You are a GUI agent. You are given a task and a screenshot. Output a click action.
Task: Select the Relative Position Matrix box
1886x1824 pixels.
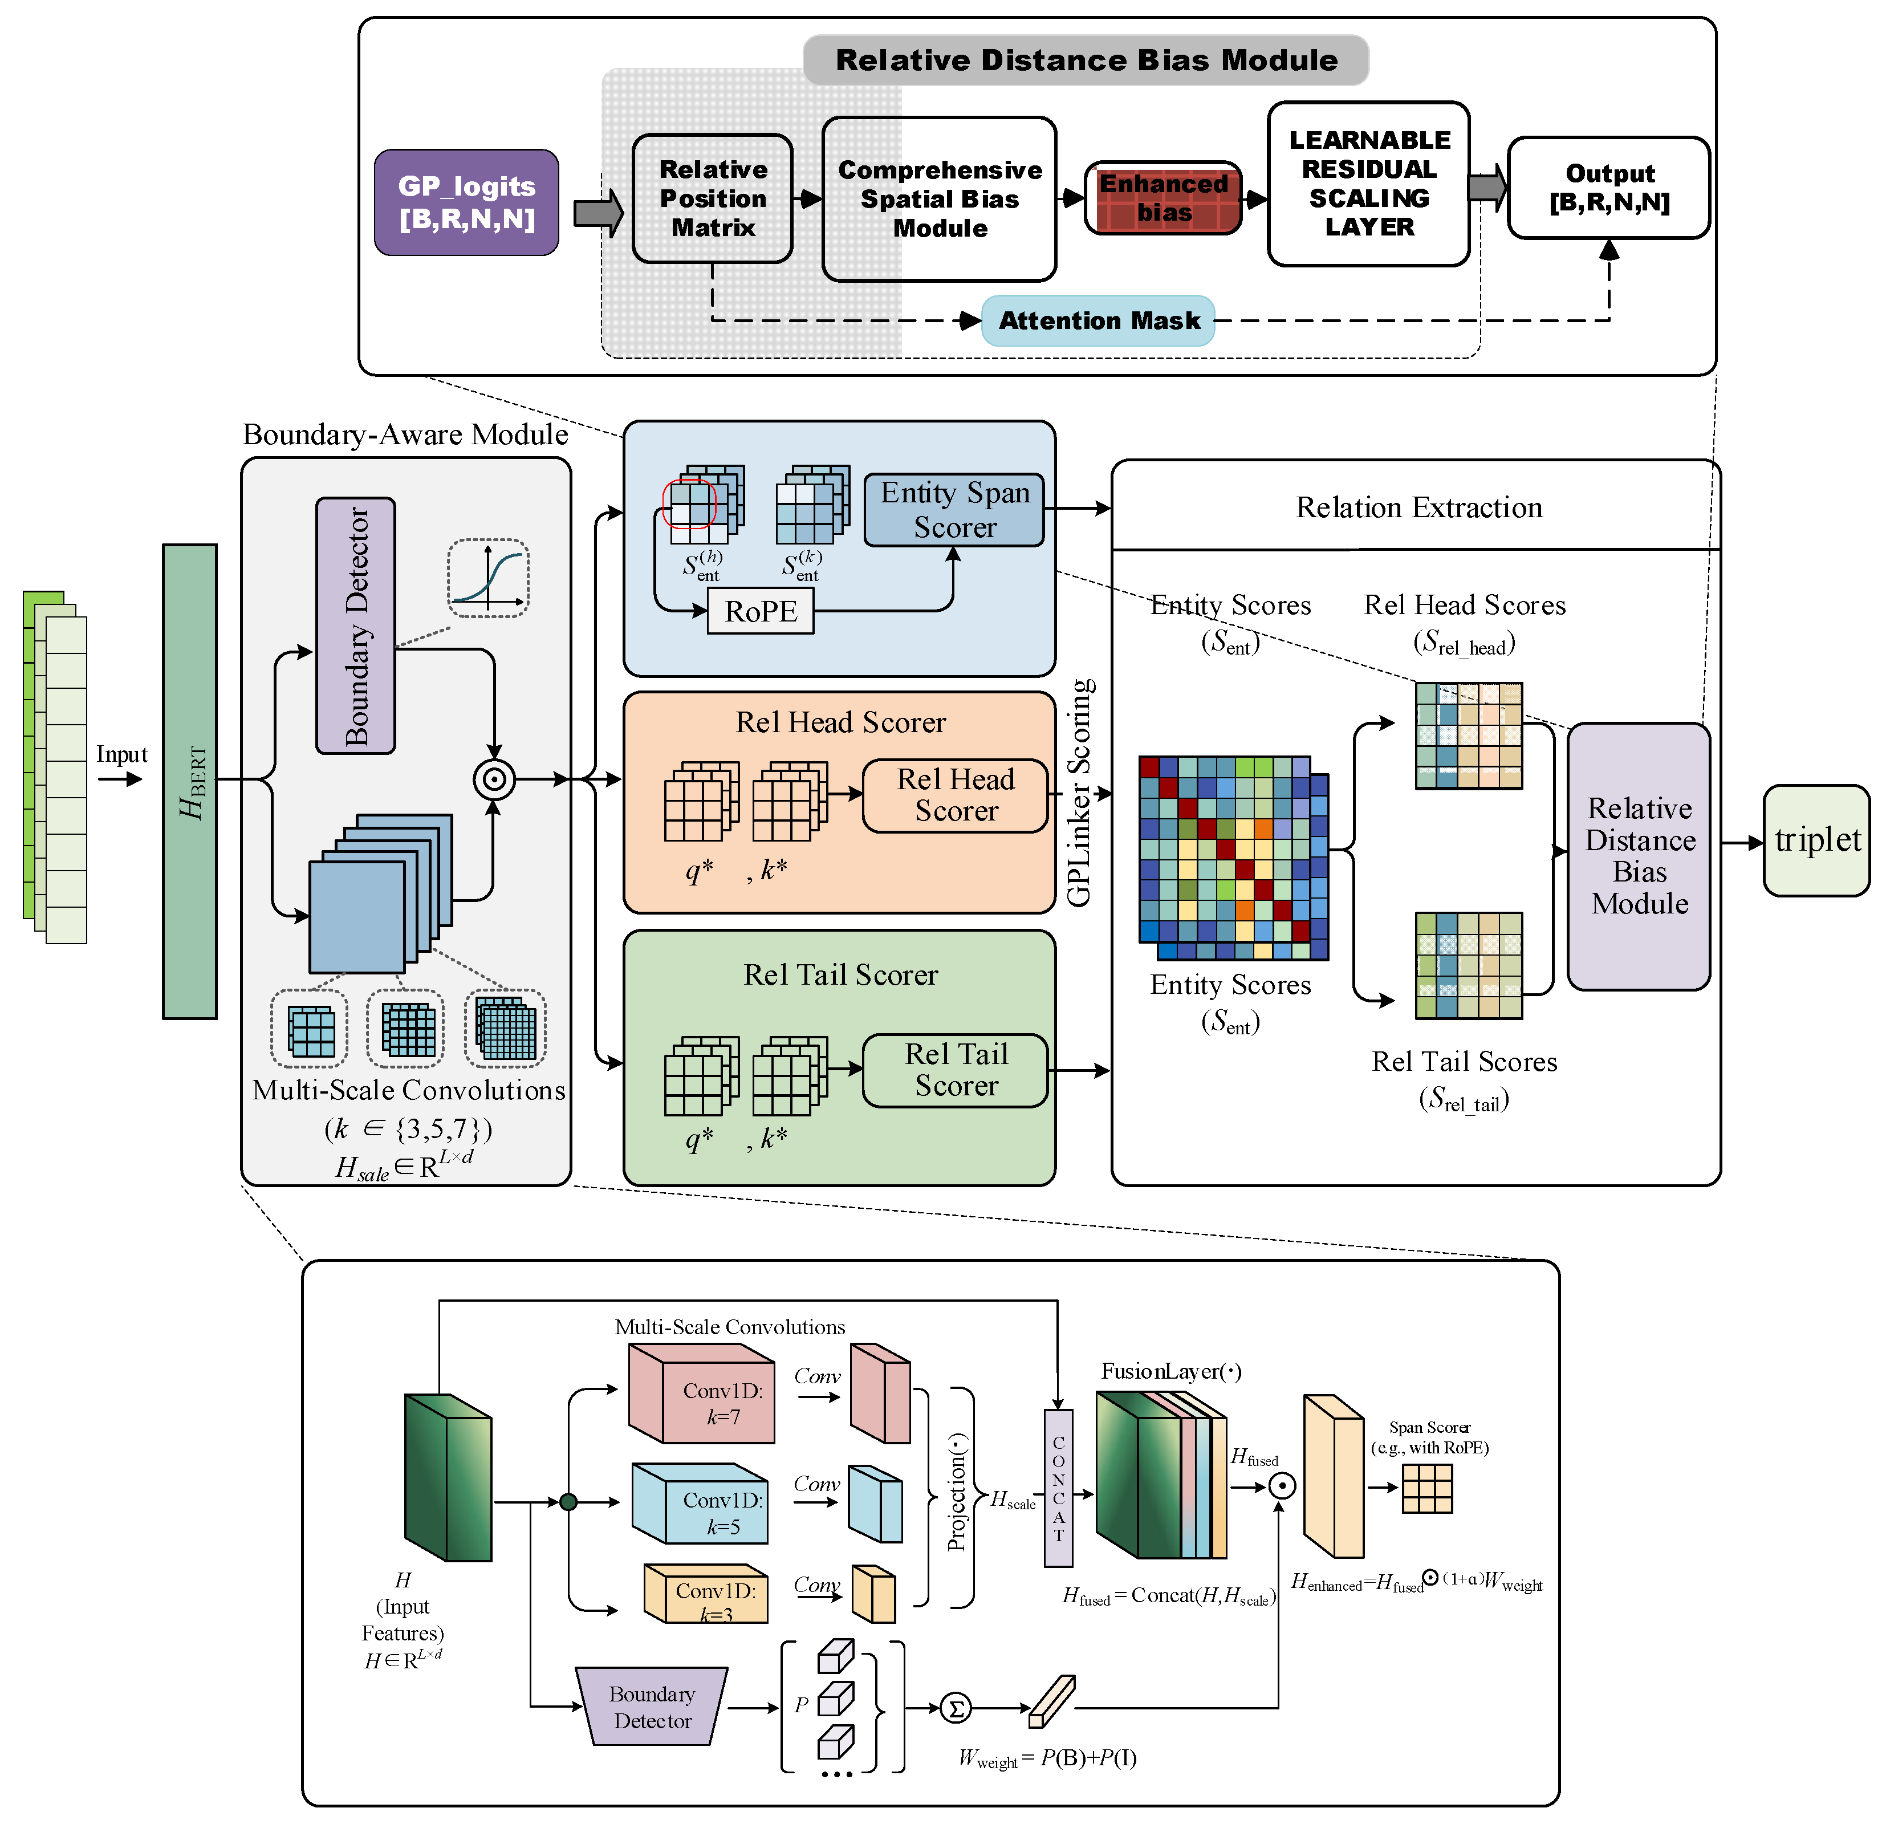[x=712, y=198]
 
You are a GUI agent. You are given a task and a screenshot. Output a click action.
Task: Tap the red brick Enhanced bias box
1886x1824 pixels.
[x=1163, y=198]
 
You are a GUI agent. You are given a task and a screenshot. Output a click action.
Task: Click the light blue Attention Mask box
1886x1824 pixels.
[x=1098, y=320]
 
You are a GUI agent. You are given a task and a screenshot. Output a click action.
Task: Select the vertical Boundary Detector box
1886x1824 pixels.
[x=355, y=625]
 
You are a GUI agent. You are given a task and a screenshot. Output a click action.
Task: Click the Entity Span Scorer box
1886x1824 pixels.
[x=954, y=510]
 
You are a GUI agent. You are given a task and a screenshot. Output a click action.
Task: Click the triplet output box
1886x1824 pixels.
[x=1816, y=840]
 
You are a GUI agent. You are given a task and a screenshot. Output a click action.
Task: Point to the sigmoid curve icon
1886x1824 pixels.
[x=489, y=578]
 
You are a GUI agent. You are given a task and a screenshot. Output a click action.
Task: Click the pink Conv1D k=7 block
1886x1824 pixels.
[x=701, y=1393]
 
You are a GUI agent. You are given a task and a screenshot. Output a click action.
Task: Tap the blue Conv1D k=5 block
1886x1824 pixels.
[x=700, y=1502]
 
